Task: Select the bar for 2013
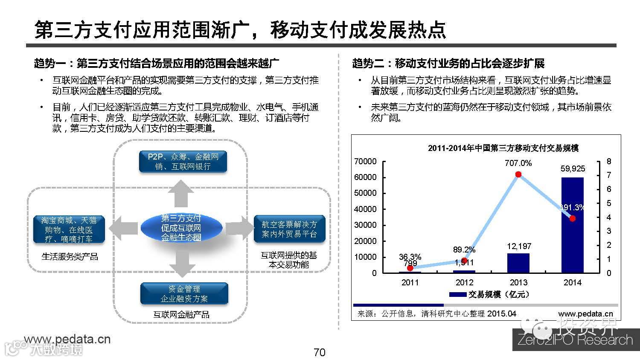click(x=518, y=263)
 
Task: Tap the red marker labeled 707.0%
click(x=518, y=174)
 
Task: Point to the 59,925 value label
click(x=573, y=169)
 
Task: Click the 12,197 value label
click(x=519, y=246)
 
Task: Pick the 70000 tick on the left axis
click(x=365, y=161)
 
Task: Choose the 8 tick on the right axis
click(x=609, y=161)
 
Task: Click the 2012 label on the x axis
click(x=464, y=282)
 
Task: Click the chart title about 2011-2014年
click(x=503, y=148)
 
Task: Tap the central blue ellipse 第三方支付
click(x=181, y=228)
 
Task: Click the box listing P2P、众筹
click(x=183, y=162)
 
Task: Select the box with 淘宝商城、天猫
click(x=69, y=229)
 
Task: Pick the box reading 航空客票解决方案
click(x=289, y=229)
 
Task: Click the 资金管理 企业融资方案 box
click(x=184, y=294)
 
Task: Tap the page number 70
click(x=319, y=352)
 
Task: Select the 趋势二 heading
click(x=448, y=64)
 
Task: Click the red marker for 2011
click(x=410, y=268)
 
